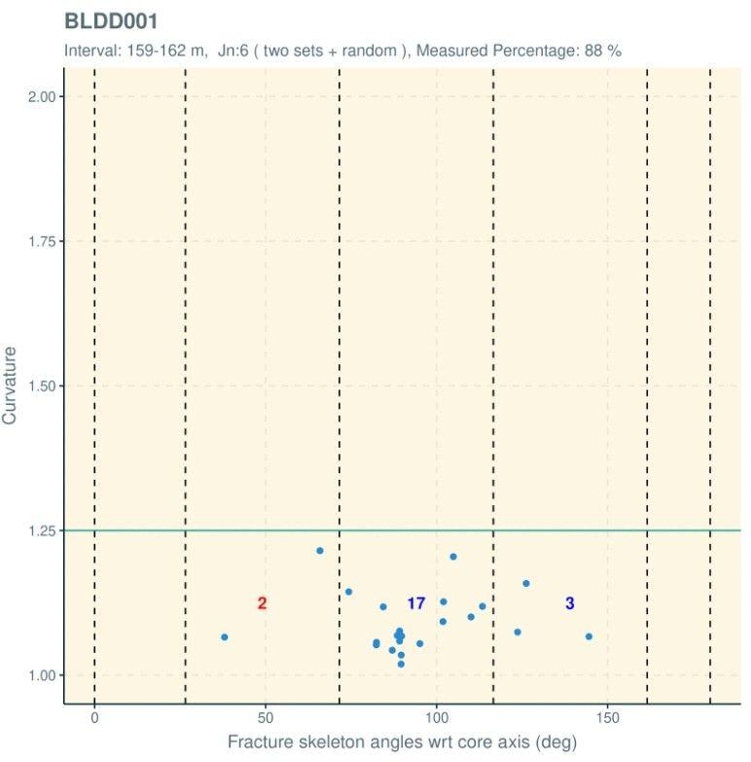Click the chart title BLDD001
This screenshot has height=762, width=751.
coord(110,21)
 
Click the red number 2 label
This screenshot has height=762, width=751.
coord(263,603)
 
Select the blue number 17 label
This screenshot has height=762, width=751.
coord(415,603)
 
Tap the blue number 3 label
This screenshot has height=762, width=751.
coord(570,603)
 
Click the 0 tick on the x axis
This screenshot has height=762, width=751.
coord(94,718)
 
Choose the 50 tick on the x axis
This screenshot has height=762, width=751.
coord(265,718)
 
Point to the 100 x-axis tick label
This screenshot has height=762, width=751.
coord(436,718)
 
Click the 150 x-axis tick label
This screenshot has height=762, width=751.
coord(607,718)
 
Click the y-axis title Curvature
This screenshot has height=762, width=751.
coord(10,385)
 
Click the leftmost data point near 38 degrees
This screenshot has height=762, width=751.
coord(225,637)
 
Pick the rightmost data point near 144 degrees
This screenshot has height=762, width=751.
coord(589,636)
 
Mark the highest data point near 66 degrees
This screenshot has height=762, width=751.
coord(320,551)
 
